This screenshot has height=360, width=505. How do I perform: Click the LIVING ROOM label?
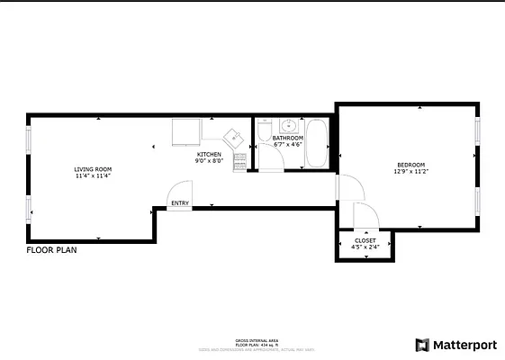coord(93,169)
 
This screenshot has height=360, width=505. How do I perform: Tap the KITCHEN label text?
coord(209,155)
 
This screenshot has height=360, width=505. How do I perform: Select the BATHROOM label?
coord(288,138)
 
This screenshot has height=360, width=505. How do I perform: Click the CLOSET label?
coord(365,240)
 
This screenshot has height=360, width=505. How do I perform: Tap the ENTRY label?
coord(180,203)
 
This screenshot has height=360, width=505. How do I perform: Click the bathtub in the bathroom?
coord(317,144)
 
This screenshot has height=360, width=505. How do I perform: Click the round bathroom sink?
coord(287,126)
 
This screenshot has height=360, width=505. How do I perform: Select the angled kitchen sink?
coord(232,137)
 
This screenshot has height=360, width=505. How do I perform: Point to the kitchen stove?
coord(239,161)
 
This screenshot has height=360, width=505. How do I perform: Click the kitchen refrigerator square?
coord(187,131)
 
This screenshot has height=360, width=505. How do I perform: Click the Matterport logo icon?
coord(421,345)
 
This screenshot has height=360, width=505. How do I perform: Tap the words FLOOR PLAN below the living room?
coord(51,251)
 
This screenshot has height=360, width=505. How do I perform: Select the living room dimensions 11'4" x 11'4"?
coord(93,176)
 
